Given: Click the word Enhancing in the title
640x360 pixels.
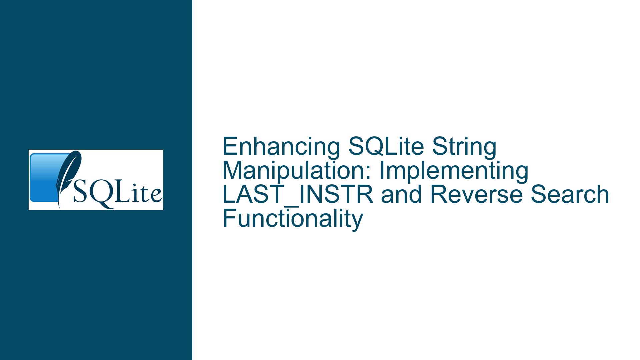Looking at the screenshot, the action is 281,147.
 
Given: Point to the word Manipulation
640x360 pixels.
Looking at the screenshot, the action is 296,171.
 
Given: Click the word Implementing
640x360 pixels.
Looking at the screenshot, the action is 454,171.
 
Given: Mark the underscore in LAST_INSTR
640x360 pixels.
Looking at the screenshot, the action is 293,206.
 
